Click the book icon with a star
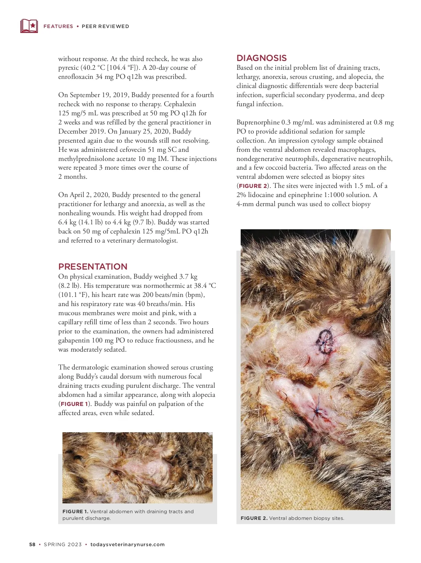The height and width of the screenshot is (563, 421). [x=29, y=26]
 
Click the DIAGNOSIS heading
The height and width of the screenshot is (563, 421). [x=262, y=58]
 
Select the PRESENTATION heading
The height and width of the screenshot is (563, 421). [x=93, y=266]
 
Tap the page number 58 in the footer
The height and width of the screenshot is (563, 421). [x=32, y=544]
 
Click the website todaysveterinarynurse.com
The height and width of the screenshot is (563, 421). [x=128, y=544]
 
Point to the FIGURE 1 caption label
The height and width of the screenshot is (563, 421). [x=75, y=511]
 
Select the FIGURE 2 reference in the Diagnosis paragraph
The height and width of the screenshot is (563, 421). [x=253, y=186]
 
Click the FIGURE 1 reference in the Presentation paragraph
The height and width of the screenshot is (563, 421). [x=74, y=404]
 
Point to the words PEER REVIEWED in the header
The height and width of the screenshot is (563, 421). [x=105, y=26]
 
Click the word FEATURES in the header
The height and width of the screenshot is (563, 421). [x=58, y=26]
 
